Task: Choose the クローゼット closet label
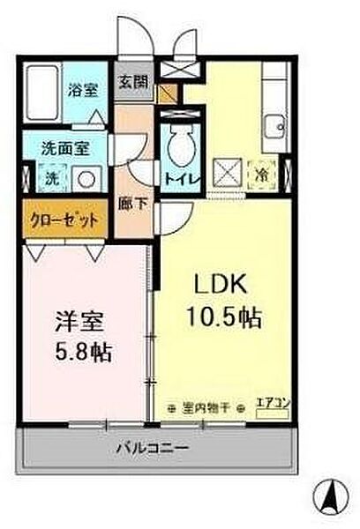pyautogui.click(x=63, y=220)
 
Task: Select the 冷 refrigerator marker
pyautogui.click(x=263, y=175)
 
